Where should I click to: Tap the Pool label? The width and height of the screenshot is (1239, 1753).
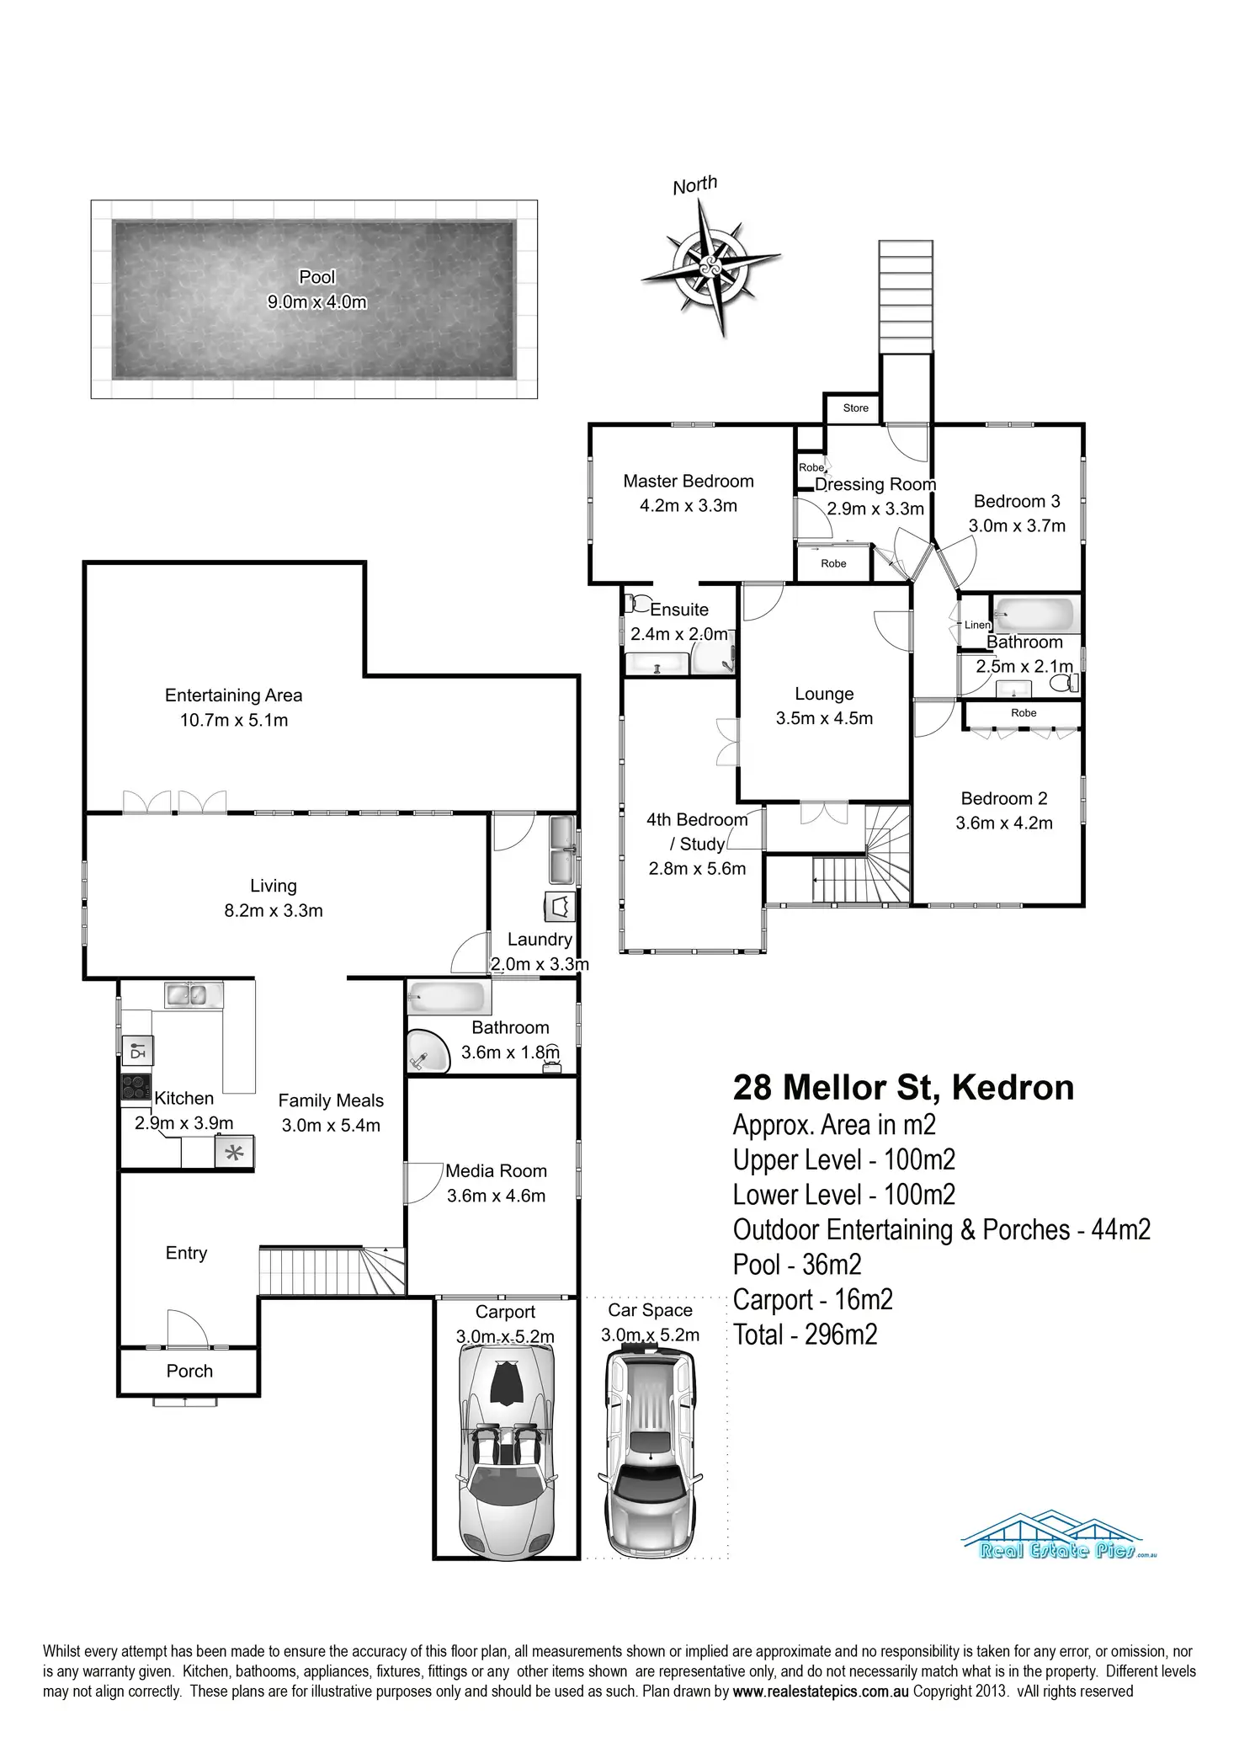click(316, 277)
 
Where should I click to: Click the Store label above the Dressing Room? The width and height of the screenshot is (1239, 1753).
click(855, 408)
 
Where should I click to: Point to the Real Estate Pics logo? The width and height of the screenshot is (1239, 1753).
click(1059, 1536)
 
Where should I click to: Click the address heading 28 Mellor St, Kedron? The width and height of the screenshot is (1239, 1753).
click(903, 1087)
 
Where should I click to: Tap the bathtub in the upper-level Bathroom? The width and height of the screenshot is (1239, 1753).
click(1034, 615)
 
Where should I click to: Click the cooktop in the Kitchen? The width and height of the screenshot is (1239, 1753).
click(136, 1087)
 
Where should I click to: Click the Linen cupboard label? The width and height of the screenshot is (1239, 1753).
click(976, 625)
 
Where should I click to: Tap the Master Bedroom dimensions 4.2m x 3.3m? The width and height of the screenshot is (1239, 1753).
click(689, 506)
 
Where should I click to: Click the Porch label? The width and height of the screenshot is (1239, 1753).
click(189, 1371)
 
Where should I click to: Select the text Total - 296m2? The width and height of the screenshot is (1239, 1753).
click(805, 1335)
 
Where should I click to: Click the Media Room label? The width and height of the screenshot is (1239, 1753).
click(496, 1171)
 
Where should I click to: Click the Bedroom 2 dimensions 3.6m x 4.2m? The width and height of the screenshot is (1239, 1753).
click(1003, 823)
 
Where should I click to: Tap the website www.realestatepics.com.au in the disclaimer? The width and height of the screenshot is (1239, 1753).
click(821, 1691)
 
